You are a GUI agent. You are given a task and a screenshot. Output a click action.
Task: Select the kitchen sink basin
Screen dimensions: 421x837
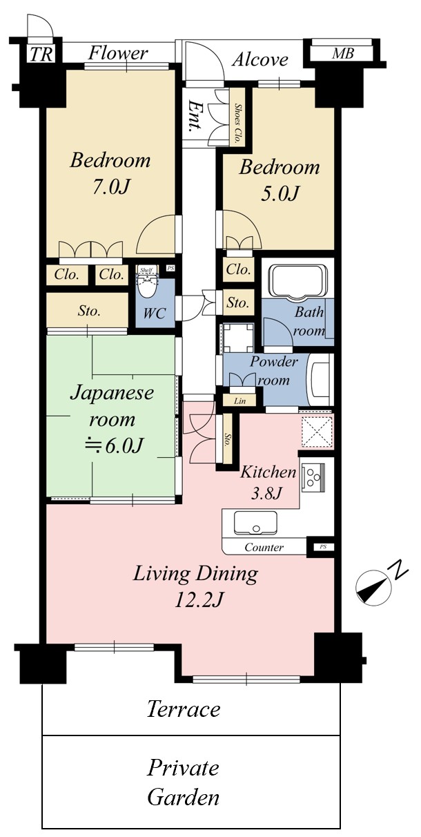255,523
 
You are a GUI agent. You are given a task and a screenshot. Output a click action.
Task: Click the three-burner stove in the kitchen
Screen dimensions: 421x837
313,477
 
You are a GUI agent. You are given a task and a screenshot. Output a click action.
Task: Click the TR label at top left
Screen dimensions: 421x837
41,55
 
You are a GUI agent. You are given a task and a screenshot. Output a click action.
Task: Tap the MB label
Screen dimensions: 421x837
343,53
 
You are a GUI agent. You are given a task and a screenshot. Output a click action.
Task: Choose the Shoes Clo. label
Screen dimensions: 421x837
237,117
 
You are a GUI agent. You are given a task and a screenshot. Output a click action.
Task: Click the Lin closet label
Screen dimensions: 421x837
239,401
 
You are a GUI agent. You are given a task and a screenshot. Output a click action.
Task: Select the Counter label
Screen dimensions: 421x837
264,547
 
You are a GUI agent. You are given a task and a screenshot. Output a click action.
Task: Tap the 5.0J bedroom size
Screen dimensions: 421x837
280,193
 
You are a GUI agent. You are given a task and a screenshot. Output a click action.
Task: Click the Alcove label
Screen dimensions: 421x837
260,60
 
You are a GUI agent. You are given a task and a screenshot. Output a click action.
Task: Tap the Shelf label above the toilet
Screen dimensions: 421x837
146,269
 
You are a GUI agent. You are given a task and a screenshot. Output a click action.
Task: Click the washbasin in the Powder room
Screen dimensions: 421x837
319,380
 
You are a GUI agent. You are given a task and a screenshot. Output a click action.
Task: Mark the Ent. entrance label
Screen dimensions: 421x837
194,116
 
